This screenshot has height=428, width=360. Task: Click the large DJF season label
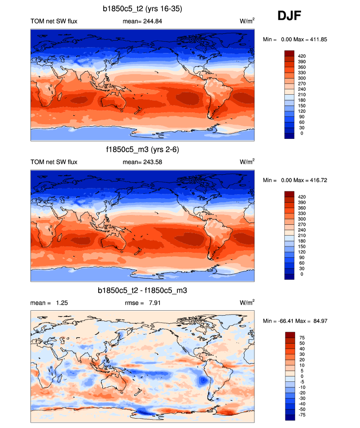pos(289,16)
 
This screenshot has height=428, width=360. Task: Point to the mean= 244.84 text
pos(142,21)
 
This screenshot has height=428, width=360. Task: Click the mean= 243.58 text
pos(142,162)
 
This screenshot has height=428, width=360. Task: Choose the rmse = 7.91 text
pos(142,303)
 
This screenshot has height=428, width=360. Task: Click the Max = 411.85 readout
pos(327,39)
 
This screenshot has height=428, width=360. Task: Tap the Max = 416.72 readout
pos(327,180)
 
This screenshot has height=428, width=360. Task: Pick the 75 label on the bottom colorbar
pos(302,338)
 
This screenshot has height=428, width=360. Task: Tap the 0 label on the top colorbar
pos(301,133)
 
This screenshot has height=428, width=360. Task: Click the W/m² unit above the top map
pos(247,21)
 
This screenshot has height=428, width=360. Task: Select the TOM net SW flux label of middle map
pos(54,162)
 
